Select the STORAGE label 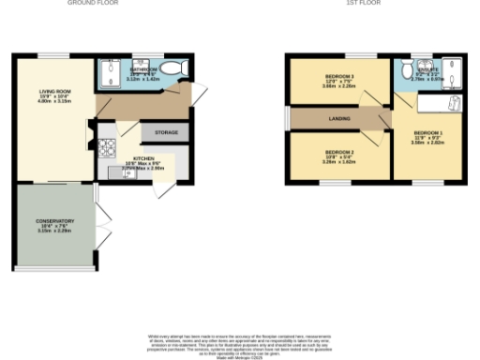pos(166,132)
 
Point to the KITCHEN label pos(143,158)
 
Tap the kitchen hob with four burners pos(105,145)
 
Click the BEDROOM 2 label pos(339,151)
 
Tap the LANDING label pos(339,117)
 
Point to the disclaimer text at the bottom pos(240,341)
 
